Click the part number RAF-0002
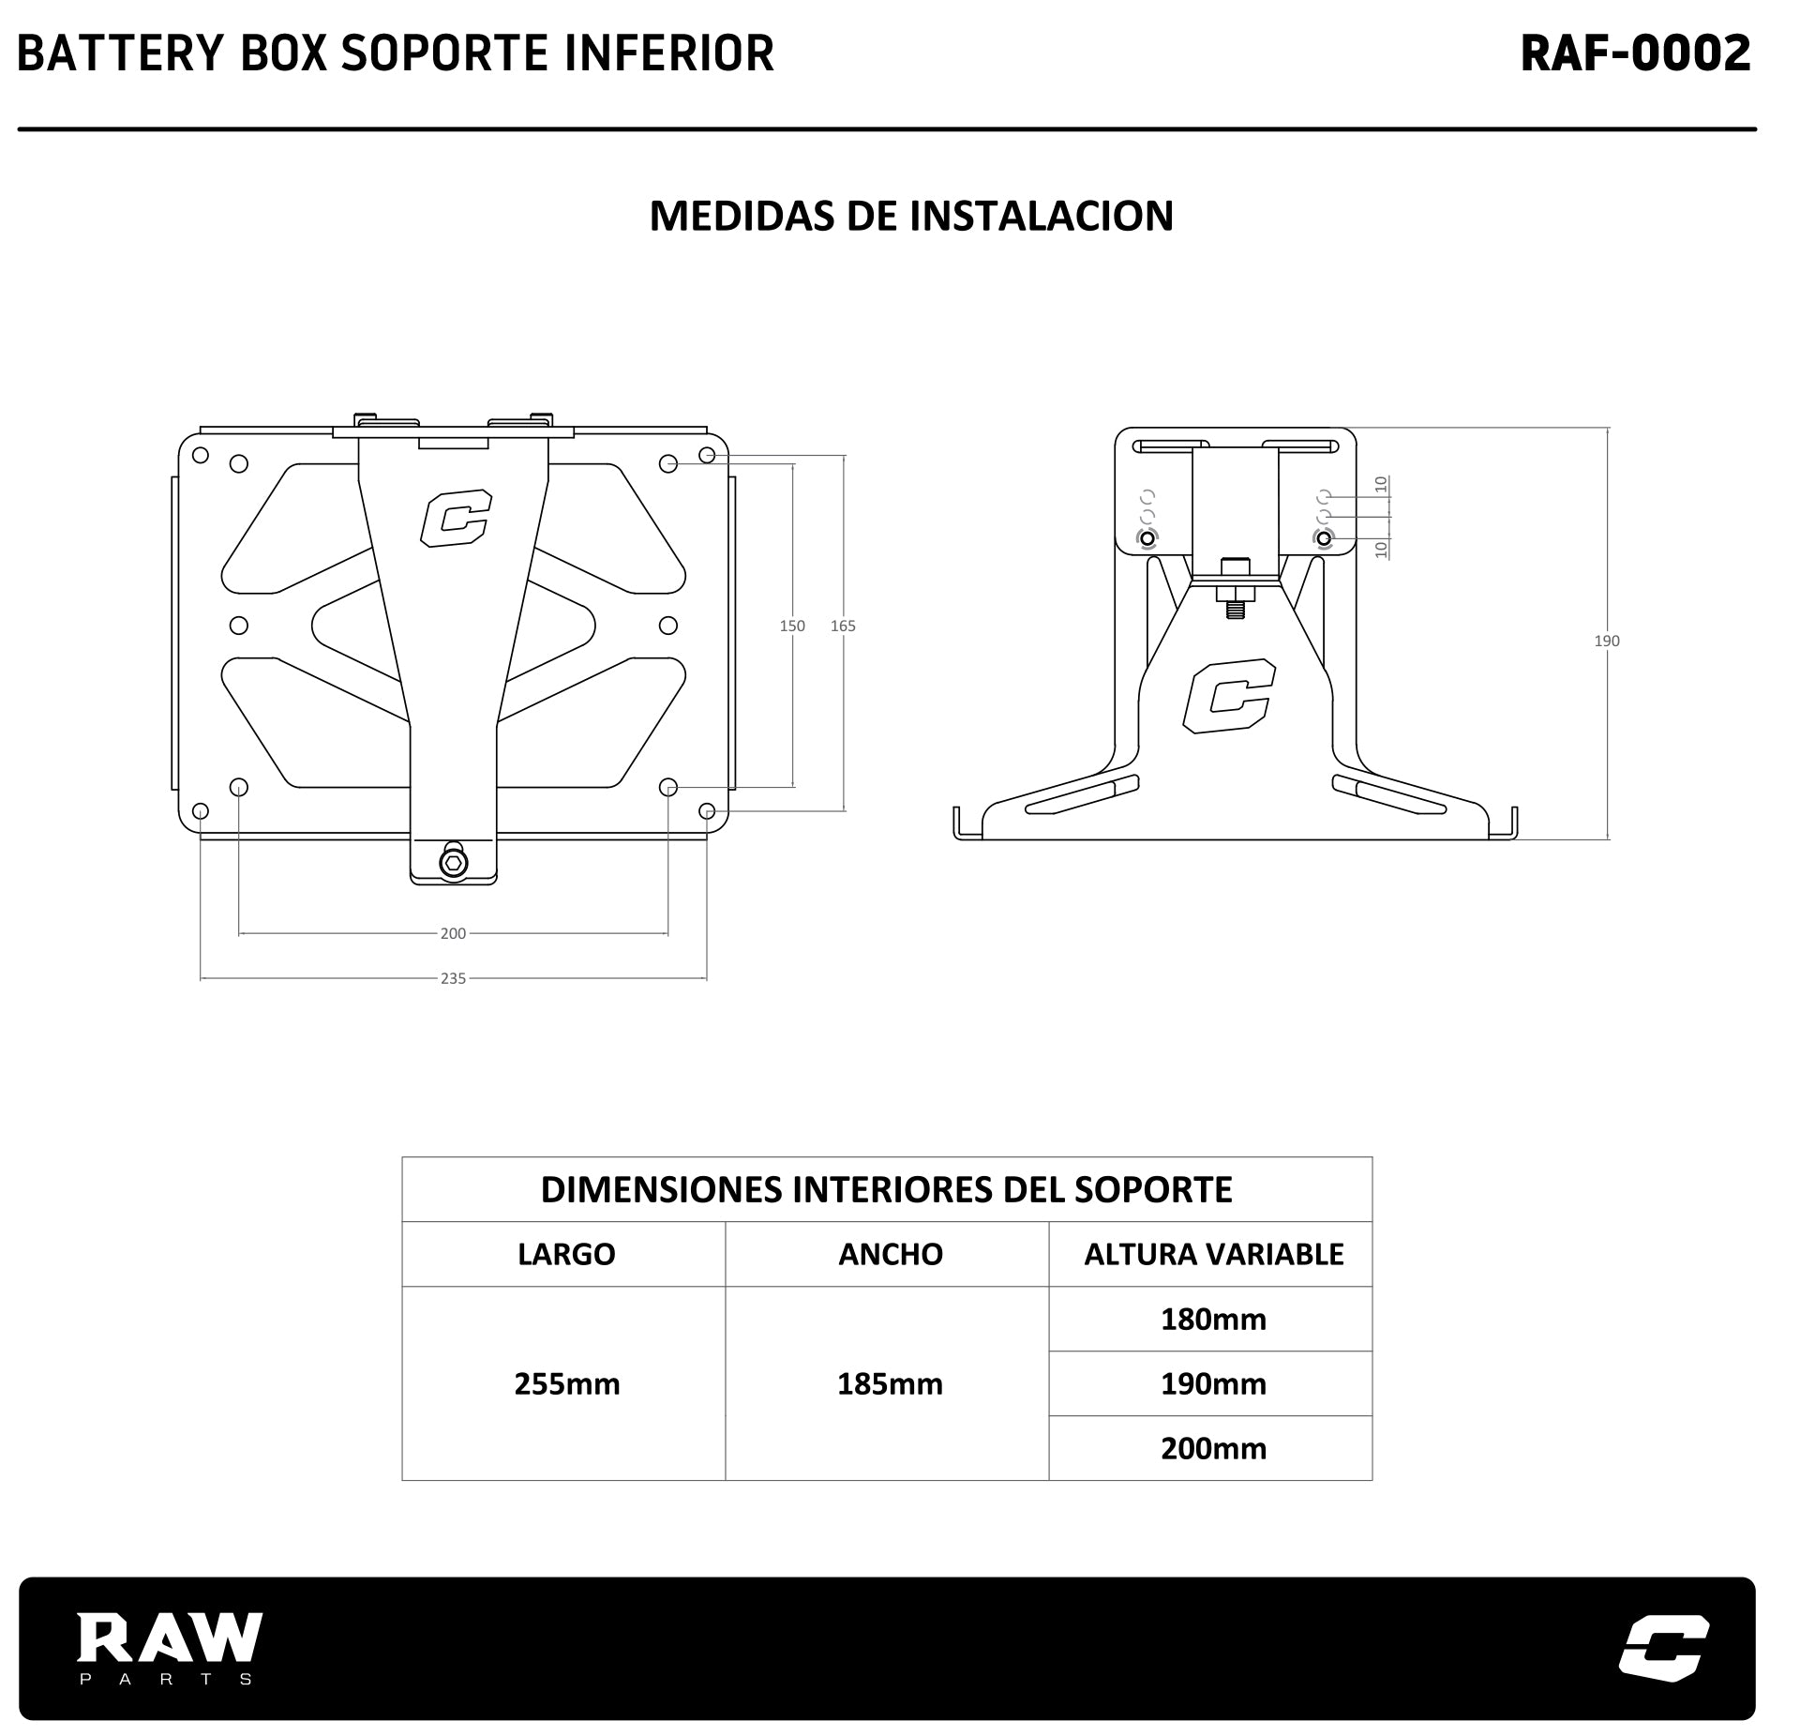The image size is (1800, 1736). tap(1635, 53)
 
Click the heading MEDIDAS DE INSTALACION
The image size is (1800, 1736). tap(910, 216)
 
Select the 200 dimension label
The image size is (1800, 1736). tap(453, 933)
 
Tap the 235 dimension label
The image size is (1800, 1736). tap(453, 978)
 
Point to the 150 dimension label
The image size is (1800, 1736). tap(792, 626)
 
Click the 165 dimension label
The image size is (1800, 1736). tap(843, 626)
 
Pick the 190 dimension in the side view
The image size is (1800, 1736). tap(1607, 641)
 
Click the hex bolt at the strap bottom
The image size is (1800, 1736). tap(454, 863)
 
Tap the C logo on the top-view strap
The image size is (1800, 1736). tap(456, 519)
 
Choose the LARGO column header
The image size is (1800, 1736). tap(566, 1255)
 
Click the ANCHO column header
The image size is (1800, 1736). tap(890, 1255)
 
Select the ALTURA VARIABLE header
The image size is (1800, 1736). tap(1213, 1255)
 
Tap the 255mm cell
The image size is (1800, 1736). tap(566, 1384)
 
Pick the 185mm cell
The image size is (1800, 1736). tap(890, 1384)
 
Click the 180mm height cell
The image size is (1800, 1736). tap(1213, 1320)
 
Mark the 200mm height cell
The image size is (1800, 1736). tap(1213, 1449)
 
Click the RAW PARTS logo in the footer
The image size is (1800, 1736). tap(169, 1648)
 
